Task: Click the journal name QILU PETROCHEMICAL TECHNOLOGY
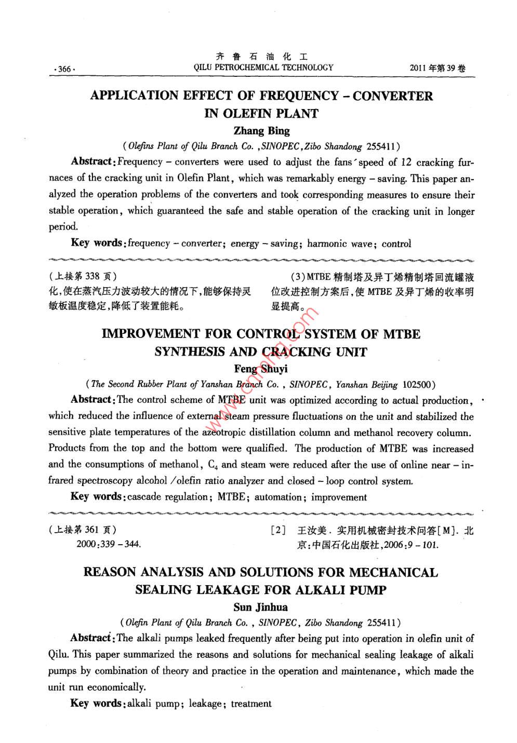[263, 67]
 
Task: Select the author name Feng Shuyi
[261, 369]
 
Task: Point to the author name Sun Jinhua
[260, 607]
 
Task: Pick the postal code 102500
[418, 385]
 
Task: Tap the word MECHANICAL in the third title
[393, 573]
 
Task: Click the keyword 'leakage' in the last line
[205, 704]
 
